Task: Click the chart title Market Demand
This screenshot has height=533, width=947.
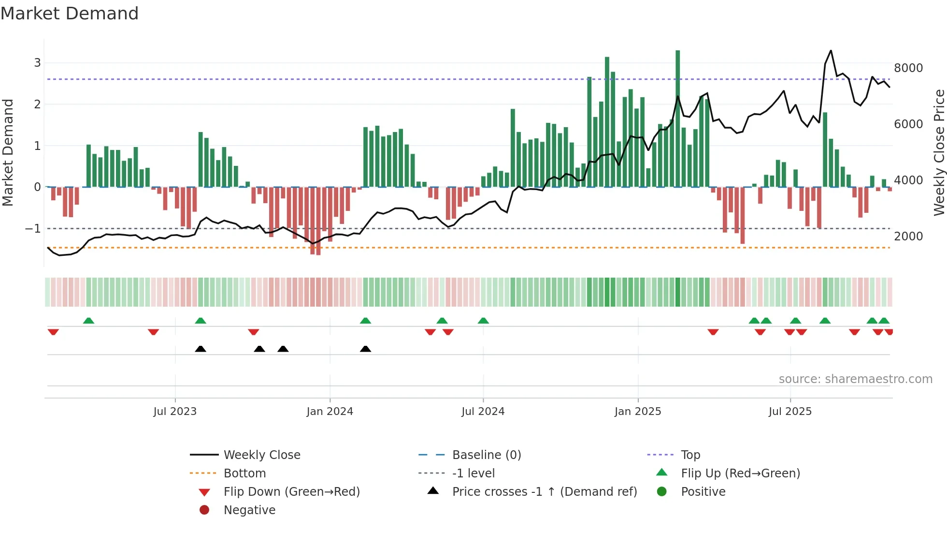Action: point(70,14)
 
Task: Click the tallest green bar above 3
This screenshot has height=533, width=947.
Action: point(677,116)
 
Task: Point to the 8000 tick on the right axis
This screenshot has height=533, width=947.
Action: point(908,68)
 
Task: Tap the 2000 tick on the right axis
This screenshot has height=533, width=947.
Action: point(908,237)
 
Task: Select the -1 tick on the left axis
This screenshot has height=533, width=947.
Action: point(33,228)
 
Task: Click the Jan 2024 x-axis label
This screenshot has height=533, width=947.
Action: point(330,412)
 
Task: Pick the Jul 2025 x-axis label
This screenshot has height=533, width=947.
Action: point(790,412)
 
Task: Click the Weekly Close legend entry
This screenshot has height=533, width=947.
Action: point(261,455)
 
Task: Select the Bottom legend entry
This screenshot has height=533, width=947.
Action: point(244,474)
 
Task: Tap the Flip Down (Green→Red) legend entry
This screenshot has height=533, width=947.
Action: point(291,492)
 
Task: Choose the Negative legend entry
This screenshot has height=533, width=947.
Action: point(249,510)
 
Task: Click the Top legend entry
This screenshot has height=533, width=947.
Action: point(690,455)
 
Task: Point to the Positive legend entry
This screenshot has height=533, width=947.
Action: point(703,492)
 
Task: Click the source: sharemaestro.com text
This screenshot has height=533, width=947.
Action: point(855,379)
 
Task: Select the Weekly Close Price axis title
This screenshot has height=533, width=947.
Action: point(939,152)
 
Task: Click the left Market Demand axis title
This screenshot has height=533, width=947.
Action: point(8,152)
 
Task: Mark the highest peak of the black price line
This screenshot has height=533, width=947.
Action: point(831,51)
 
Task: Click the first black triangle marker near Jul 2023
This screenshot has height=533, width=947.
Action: point(201,349)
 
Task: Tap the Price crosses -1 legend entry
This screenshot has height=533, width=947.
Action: point(544,492)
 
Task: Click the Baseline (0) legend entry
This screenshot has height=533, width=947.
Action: point(486,455)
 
